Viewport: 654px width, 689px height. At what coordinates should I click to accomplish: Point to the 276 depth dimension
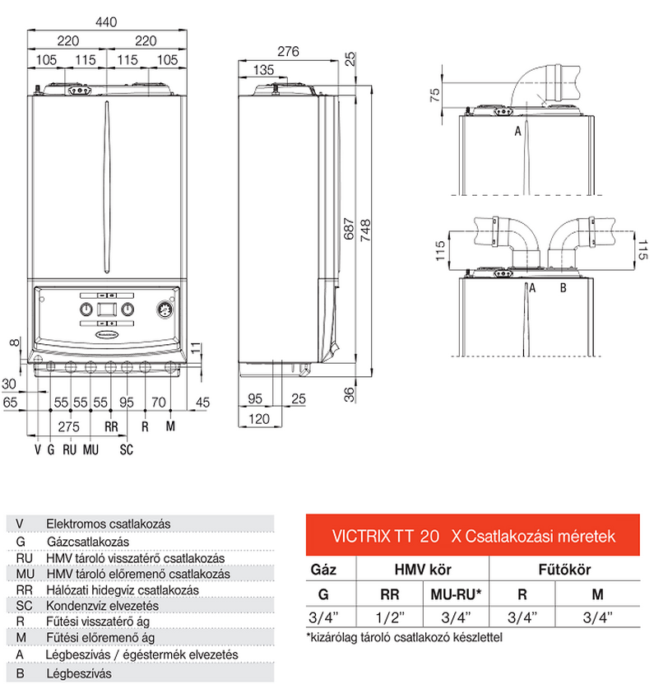click(x=286, y=51)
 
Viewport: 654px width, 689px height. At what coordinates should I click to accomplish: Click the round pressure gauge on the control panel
click(x=164, y=310)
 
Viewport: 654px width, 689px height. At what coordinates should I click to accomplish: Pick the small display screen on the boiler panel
click(x=106, y=310)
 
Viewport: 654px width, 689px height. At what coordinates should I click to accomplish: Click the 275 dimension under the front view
click(x=70, y=426)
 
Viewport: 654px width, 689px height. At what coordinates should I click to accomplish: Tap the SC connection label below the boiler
click(x=126, y=449)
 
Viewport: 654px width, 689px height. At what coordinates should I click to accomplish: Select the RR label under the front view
click(x=112, y=426)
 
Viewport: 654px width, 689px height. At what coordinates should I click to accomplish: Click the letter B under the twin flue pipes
click(x=564, y=287)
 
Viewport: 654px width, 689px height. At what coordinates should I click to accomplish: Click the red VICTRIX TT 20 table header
click(x=472, y=537)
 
